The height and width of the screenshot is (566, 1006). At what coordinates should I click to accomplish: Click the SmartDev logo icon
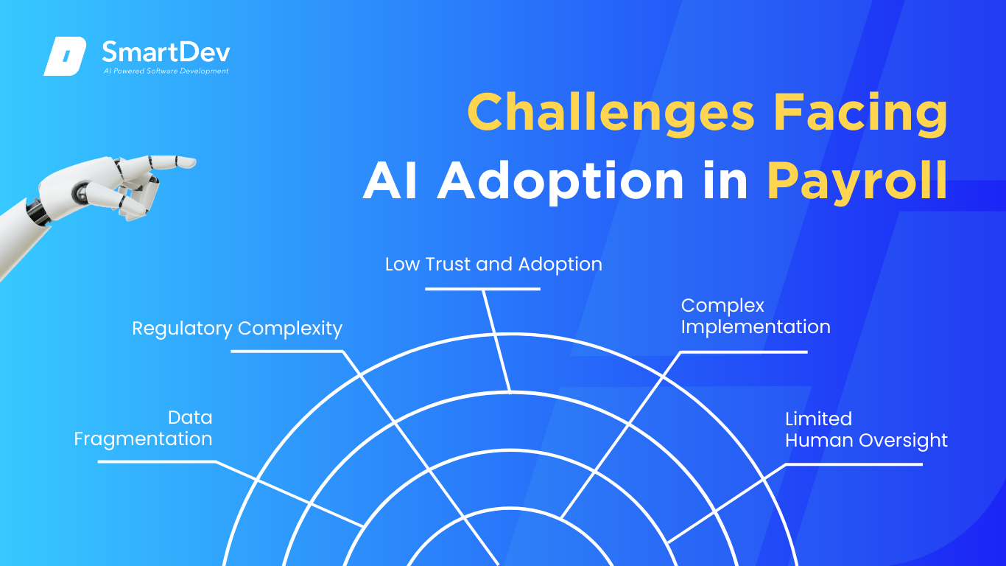click(65, 56)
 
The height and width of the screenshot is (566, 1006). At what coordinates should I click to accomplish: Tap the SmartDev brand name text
click(166, 52)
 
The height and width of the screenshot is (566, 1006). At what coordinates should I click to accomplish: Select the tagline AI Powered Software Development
click(166, 71)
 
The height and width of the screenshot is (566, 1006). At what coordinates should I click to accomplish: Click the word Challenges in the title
click(611, 113)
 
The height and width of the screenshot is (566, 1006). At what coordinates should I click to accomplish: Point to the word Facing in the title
click(860, 113)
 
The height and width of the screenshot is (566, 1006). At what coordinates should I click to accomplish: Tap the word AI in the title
click(390, 181)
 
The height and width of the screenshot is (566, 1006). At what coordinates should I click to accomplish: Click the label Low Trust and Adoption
click(493, 265)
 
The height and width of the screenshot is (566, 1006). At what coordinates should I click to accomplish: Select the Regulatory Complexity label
click(237, 329)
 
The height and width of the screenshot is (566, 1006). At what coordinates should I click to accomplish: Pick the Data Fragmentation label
click(144, 428)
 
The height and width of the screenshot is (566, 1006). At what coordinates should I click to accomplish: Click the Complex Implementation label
click(756, 316)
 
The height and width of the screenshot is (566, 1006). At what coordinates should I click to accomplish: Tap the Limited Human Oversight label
click(866, 430)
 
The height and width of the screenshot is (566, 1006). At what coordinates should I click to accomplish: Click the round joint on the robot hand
click(82, 194)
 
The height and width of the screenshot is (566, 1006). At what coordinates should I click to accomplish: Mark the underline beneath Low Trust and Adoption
click(482, 289)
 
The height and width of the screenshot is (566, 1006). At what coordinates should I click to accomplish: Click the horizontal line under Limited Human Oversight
click(854, 464)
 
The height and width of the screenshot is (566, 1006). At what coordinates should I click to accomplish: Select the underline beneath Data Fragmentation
click(157, 461)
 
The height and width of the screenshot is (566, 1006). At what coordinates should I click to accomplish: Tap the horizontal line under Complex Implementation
click(744, 352)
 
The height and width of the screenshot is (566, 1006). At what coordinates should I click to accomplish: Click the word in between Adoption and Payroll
click(725, 181)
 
